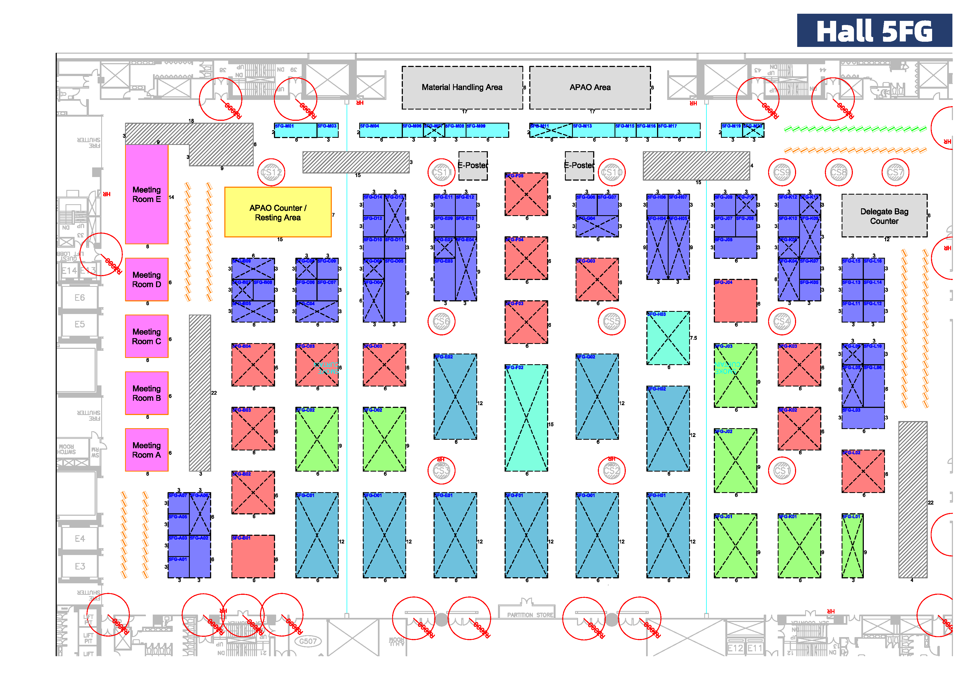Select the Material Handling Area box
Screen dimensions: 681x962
462,88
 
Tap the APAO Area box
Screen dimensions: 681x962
590,88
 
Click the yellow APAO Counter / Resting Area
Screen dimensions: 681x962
278,212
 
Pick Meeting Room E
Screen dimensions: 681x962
147,194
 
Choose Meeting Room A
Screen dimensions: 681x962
147,450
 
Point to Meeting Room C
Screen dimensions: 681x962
147,336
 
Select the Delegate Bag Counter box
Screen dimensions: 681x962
884,216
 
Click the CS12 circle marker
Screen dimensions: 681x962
271,172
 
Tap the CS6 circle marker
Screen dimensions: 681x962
441,322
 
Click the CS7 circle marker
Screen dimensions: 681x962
895,172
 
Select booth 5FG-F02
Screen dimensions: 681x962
526,418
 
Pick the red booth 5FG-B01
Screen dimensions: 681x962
253,556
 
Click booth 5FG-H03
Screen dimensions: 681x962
668,338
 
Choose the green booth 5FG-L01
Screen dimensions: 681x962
853,546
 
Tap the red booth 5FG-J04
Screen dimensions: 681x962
735,301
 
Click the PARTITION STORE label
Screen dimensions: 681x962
530,615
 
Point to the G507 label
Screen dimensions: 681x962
308,641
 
